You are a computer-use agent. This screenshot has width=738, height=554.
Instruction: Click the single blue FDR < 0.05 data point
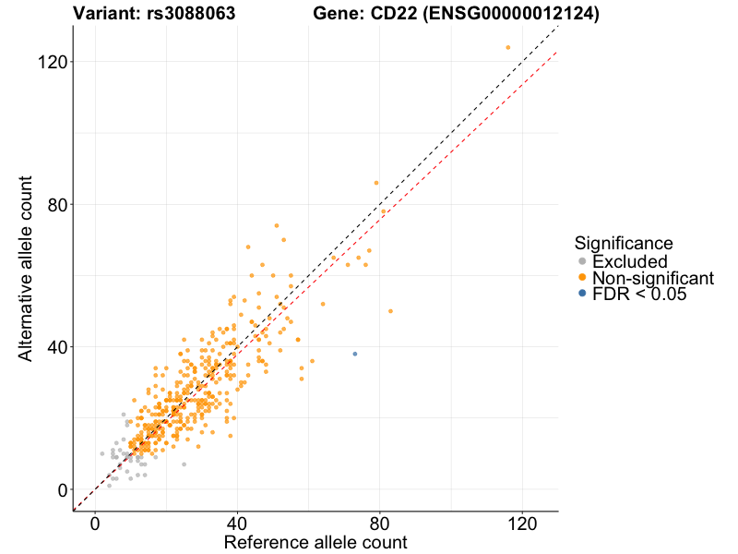click(355, 354)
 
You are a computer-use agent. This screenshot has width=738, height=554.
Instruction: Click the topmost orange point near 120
click(508, 47)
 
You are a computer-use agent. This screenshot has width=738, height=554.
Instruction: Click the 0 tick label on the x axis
click(95, 523)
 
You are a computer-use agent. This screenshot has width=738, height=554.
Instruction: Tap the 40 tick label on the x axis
click(238, 523)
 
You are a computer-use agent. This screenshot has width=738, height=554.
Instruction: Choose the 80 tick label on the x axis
click(380, 523)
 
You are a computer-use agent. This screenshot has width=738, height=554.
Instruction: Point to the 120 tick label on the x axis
click(523, 523)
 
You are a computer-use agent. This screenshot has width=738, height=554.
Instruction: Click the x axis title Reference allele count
click(315, 542)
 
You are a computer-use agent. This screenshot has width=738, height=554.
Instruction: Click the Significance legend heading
click(624, 243)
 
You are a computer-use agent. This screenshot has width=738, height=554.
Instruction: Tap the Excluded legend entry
click(629, 262)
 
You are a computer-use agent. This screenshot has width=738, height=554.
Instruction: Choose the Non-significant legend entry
click(652, 278)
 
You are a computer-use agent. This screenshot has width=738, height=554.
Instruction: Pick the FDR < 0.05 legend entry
click(639, 294)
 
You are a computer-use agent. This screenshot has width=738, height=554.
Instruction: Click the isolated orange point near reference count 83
click(390, 311)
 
